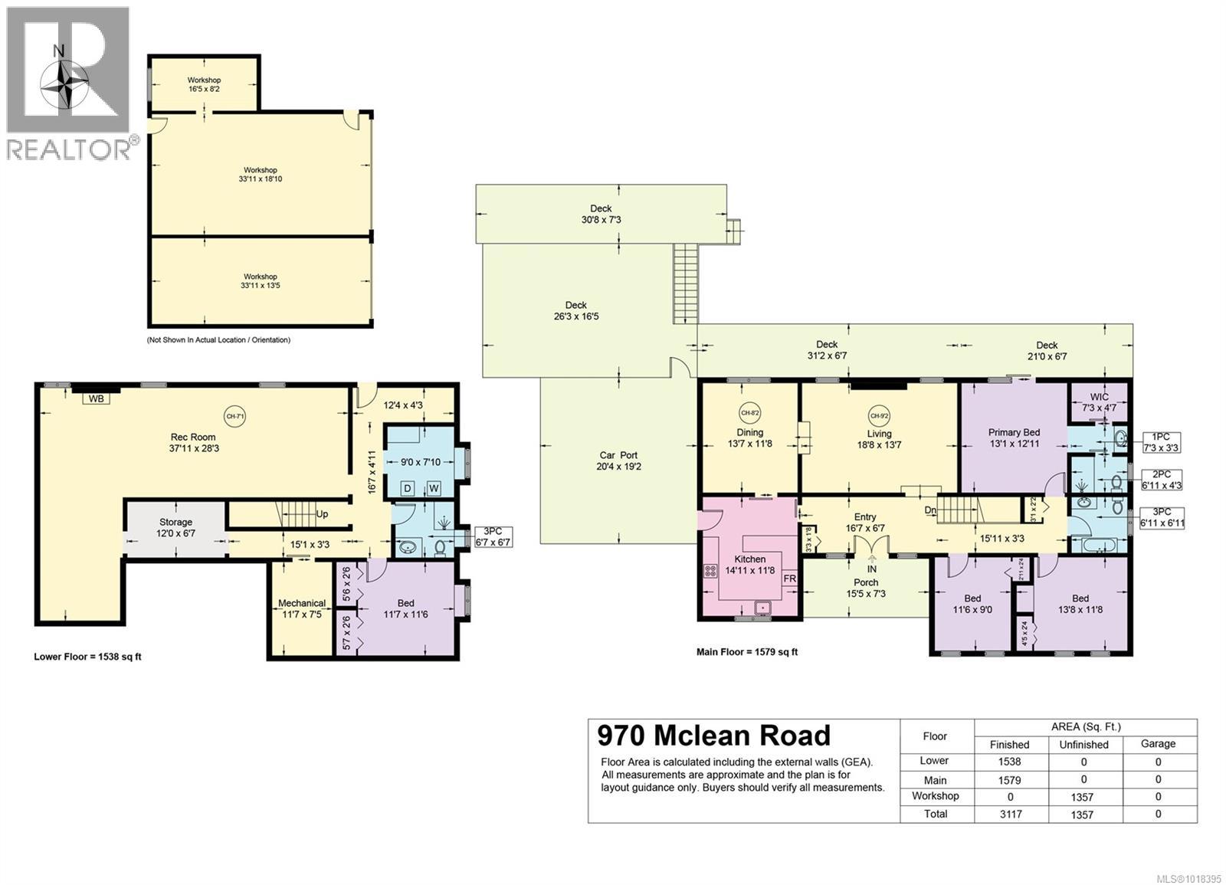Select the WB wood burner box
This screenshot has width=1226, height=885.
click(x=96, y=398)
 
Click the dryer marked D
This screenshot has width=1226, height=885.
click(x=408, y=488)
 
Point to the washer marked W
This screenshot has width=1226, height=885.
click(x=433, y=488)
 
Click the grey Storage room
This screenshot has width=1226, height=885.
click(x=175, y=527)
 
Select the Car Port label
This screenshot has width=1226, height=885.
click(x=618, y=461)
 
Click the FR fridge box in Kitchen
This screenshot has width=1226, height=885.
click(x=789, y=579)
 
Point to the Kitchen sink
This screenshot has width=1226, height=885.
click(x=762, y=608)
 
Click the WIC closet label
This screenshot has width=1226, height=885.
click(x=1099, y=402)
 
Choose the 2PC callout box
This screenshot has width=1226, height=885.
click(x=1161, y=480)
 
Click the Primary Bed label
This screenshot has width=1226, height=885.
click(x=1014, y=438)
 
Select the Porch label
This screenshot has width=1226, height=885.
click(x=866, y=588)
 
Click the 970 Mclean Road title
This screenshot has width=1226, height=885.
click(x=713, y=736)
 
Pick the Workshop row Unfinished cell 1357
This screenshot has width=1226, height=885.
click(x=1083, y=797)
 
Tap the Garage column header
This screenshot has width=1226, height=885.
click(x=1158, y=743)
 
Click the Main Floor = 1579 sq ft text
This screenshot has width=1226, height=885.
click(x=746, y=652)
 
